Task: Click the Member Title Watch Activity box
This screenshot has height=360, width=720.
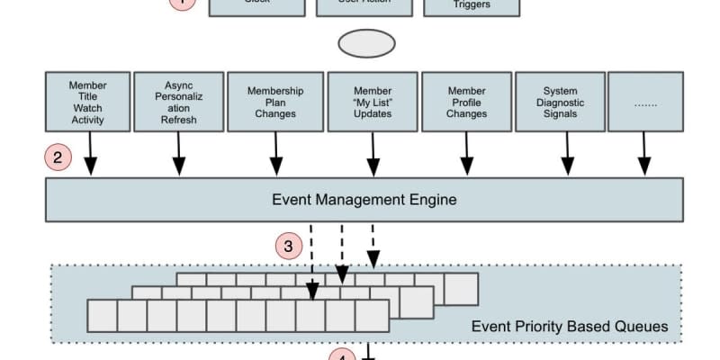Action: [87, 103]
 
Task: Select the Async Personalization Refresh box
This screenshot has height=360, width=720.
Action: [178, 103]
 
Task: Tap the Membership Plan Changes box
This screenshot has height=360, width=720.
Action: [274, 103]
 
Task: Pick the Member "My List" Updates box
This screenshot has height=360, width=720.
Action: [372, 103]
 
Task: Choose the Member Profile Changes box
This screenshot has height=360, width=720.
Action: [466, 103]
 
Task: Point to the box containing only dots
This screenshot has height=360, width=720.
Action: [644, 103]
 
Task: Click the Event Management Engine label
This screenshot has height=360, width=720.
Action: [364, 199]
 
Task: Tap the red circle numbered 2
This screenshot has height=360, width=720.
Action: [58, 158]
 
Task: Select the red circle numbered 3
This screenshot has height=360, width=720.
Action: [288, 245]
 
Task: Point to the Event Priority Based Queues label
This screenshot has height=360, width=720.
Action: [570, 326]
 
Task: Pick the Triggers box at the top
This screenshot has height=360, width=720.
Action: [471, 6]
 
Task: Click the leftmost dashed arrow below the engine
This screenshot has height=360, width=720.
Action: [312, 261]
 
